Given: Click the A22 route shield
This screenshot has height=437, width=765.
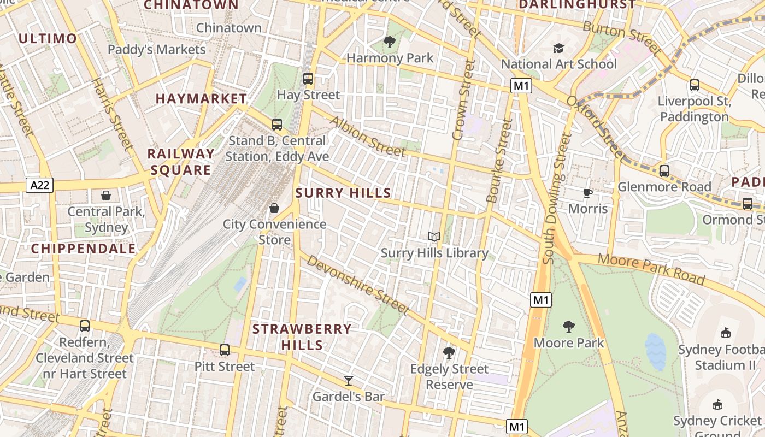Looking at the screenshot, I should (x=40, y=185).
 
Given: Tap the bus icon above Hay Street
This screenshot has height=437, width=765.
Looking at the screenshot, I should (x=308, y=79).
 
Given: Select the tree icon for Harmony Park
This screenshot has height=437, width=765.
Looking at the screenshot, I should (x=390, y=42).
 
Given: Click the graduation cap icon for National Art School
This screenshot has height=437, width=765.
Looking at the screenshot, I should (x=558, y=49).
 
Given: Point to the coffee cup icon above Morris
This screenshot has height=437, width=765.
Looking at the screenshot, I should (x=587, y=193).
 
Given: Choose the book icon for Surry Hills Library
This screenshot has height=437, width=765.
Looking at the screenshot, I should (x=434, y=237).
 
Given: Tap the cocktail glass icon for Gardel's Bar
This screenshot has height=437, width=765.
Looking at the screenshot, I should (x=349, y=381).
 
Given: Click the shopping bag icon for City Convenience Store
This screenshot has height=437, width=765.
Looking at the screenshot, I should (x=274, y=208).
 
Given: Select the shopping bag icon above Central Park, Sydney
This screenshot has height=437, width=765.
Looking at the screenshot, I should (x=106, y=196).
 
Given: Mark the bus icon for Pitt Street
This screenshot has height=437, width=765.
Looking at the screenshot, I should (x=225, y=350).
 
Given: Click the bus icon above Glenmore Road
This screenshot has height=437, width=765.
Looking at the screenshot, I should (x=664, y=171).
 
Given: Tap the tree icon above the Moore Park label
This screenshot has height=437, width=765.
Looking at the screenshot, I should (x=569, y=327).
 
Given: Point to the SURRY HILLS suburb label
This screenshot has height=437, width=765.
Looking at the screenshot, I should (x=343, y=193).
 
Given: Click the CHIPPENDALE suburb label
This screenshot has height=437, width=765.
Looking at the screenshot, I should (x=83, y=249).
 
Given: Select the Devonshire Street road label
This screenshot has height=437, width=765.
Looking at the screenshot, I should (x=358, y=285).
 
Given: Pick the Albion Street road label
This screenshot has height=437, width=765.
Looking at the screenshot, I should (x=368, y=137).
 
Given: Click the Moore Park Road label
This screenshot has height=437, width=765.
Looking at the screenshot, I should (x=651, y=269).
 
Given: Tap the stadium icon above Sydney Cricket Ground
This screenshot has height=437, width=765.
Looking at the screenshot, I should (x=717, y=405).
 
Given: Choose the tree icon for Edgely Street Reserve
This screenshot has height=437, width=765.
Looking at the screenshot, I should (x=449, y=353).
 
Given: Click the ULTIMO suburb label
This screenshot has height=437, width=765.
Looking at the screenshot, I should (x=48, y=38).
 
